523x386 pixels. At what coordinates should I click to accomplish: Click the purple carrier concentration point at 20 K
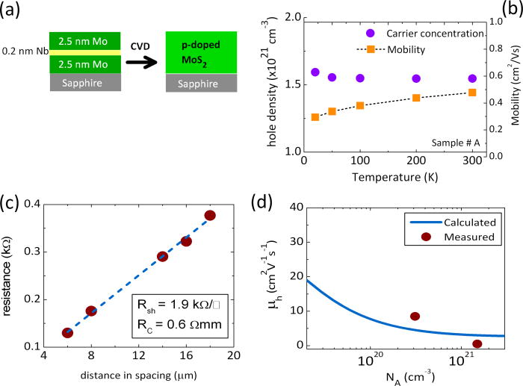(315, 72)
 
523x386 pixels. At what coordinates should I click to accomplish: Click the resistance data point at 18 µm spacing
(210, 215)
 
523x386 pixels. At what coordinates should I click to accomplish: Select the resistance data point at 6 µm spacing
(67, 332)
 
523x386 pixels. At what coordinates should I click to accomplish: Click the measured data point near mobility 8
(415, 317)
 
